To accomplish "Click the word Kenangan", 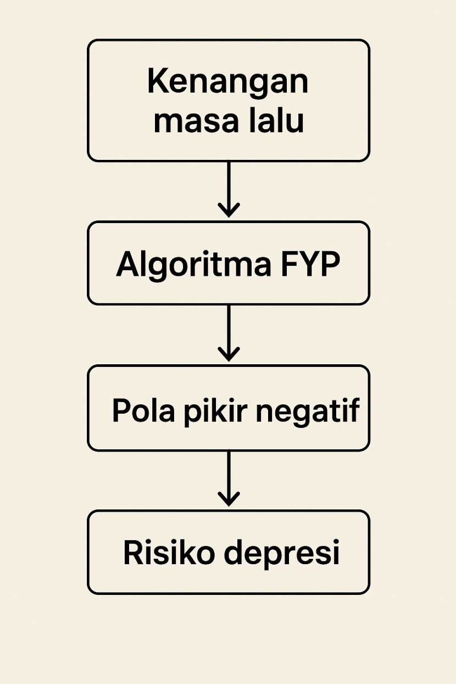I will click(227, 83).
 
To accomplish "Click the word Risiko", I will click(168, 553).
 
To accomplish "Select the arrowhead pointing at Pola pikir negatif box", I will click(229, 354).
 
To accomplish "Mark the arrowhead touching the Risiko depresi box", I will click(229, 499).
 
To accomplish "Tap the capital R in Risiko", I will click(134, 552).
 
